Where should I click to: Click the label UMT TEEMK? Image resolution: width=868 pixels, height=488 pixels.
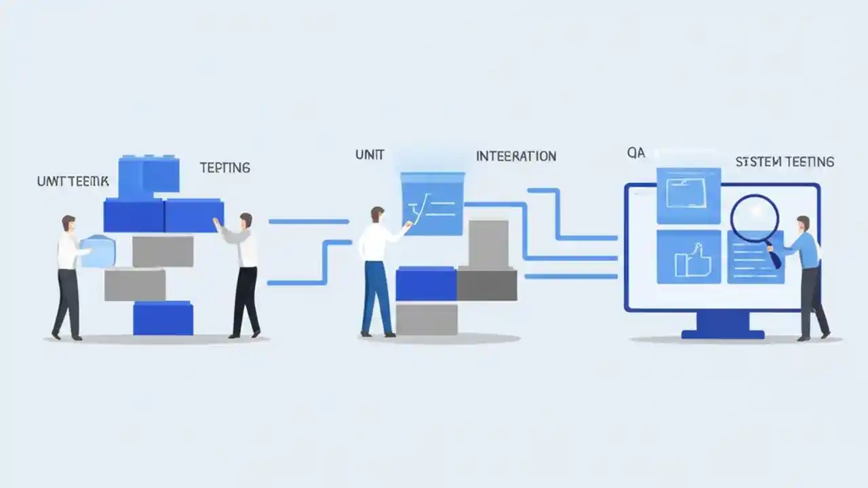[72, 182]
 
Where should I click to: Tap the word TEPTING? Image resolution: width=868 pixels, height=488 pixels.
[225, 167]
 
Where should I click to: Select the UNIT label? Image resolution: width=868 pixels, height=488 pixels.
[370, 155]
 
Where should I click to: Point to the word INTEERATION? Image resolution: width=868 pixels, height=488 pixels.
[516, 157]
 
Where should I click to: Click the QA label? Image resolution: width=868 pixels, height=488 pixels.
[636, 154]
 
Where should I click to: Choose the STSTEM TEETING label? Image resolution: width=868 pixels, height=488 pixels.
[785, 162]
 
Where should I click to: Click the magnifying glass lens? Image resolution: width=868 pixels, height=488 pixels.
[753, 218]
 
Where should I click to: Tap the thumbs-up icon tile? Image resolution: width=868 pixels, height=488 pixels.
[688, 257]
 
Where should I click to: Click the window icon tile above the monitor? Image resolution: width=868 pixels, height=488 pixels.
[688, 195]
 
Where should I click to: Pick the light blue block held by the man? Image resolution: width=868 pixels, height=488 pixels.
[98, 251]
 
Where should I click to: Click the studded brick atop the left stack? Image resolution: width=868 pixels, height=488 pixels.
[149, 175]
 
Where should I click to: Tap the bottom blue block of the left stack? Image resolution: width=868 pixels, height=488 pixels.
[163, 319]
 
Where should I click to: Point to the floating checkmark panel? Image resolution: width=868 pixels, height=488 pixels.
[433, 204]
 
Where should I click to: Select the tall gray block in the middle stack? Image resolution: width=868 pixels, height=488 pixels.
[488, 244]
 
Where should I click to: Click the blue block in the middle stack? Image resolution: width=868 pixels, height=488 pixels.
[426, 284]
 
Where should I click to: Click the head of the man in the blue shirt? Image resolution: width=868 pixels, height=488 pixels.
[803, 223]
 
